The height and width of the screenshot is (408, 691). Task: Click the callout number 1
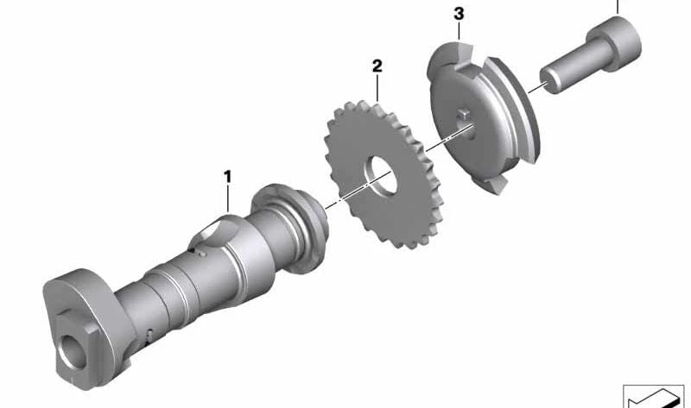227,177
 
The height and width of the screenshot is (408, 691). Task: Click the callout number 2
377,66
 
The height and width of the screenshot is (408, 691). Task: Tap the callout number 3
459,14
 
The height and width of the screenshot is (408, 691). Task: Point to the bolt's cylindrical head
614,44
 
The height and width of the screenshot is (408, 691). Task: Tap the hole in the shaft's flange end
72,351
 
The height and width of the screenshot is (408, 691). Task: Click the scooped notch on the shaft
212,232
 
